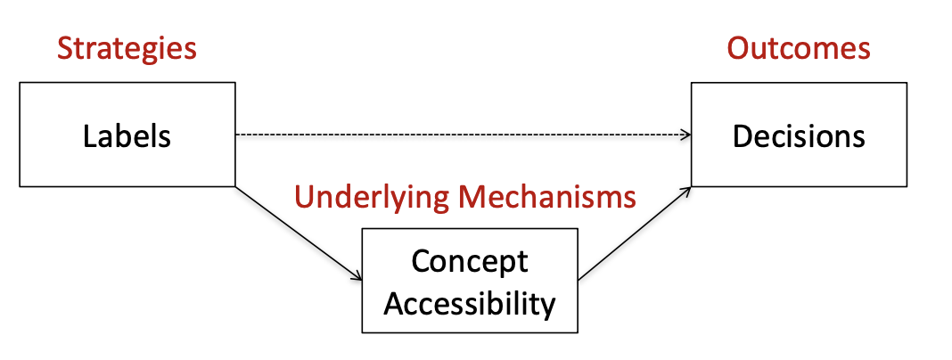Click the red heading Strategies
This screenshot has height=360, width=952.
(127, 48)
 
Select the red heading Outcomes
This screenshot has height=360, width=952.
(799, 48)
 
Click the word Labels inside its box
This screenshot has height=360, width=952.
(127, 136)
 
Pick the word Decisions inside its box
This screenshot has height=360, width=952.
(799, 136)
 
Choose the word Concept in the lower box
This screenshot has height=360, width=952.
(470, 261)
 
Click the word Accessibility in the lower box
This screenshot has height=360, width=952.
(470, 303)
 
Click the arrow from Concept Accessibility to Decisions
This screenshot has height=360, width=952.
(635, 233)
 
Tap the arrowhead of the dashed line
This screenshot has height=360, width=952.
(686, 135)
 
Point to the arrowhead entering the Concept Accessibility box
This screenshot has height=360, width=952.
(357, 277)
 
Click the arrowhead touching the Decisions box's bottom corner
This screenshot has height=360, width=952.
(686, 190)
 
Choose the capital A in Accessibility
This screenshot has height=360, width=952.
(393, 303)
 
